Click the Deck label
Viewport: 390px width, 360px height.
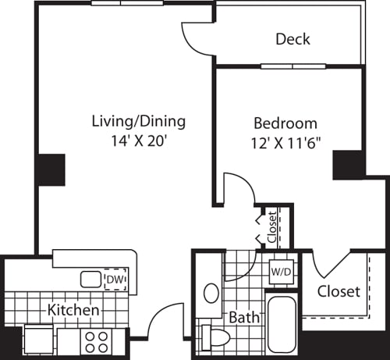point(292,39)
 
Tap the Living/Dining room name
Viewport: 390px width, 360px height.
point(139,121)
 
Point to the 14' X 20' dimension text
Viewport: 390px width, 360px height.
point(139,143)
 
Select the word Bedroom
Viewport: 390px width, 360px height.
point(285,123)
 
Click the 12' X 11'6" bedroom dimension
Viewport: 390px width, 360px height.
point(285,144)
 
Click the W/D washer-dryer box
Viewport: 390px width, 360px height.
point(280,272)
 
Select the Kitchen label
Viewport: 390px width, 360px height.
point(73,310)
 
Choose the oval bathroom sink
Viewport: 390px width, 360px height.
point(211,294)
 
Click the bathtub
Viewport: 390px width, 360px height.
point(281,324)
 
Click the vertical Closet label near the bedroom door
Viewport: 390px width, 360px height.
point(271,227)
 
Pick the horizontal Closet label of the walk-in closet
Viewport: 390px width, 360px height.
point(339,292)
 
